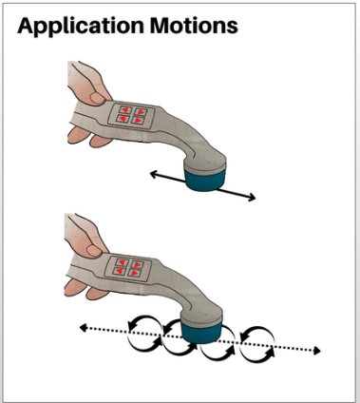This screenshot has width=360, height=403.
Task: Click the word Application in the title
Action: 81,27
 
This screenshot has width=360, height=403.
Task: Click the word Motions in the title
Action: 194,26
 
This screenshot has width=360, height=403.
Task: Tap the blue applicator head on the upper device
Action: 205,180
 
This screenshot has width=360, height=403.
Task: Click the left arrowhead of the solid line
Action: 153,174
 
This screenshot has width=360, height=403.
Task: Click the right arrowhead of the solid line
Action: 252,198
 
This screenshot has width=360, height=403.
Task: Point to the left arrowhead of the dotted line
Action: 83,328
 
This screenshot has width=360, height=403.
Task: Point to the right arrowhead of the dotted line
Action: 316,351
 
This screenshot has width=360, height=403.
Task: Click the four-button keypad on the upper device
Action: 131,116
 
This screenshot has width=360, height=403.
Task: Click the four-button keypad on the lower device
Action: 127,269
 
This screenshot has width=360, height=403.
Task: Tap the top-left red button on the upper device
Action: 124,110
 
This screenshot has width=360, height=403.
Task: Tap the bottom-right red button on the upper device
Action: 138,120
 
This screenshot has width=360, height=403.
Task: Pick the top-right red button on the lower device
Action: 137,264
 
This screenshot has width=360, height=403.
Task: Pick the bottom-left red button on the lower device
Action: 119,271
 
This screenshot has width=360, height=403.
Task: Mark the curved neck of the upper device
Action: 190,141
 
